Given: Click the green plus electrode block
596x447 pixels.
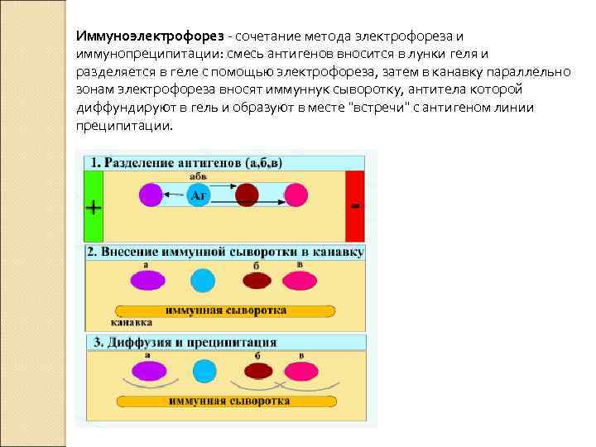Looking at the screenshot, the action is point(93,204).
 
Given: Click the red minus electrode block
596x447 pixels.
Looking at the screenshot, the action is point(354,204).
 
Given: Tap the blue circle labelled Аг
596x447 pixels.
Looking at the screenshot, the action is point(198,195).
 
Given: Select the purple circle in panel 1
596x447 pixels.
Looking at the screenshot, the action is point(150,195).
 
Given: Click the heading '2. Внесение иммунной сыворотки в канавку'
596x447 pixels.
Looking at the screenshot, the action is point(225,252).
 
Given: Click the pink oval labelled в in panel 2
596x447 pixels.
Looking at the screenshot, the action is point(299,280).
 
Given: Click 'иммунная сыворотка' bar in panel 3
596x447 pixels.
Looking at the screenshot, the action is point(228,401).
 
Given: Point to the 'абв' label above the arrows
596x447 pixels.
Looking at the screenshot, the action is point(199,176).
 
